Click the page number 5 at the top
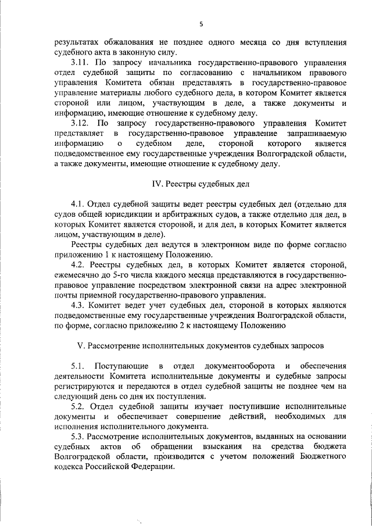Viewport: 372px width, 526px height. pyautogui.click(x=201, y=24)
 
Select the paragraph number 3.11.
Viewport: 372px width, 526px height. pyautogui.click(x=81, y=62)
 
